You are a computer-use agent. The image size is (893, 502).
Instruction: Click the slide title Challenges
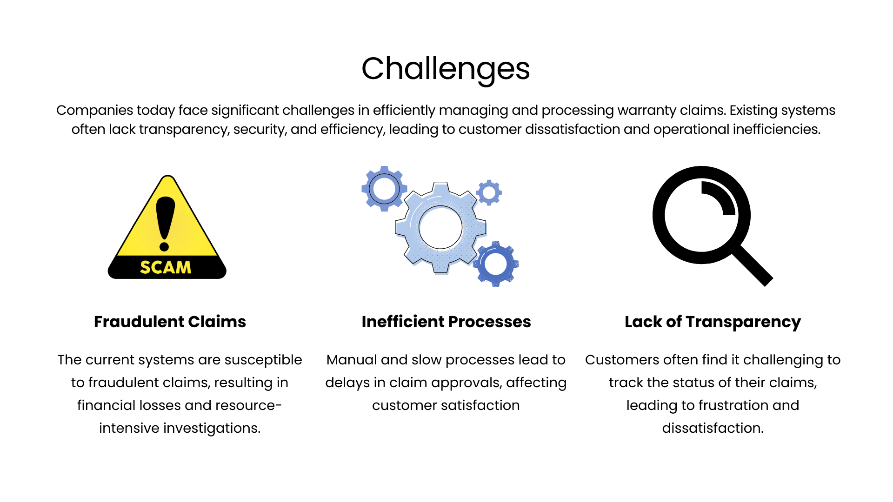pos(446,69)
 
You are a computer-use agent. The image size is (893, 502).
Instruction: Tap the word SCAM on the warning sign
pos(166,267)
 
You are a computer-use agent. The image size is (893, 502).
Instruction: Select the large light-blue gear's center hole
pos(440,227)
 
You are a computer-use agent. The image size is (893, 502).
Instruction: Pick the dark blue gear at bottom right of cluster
pos(496,264)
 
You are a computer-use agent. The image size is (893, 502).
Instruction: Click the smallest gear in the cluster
pos(489,192)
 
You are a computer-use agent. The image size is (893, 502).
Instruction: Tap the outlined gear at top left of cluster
pos(384,189)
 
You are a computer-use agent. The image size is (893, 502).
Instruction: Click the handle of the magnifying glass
pos(753,266)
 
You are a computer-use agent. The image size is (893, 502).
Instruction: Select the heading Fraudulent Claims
pos(170,322)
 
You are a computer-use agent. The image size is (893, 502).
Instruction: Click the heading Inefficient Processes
pos(446,322)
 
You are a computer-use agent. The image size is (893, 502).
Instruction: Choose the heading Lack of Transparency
pos(713,322)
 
